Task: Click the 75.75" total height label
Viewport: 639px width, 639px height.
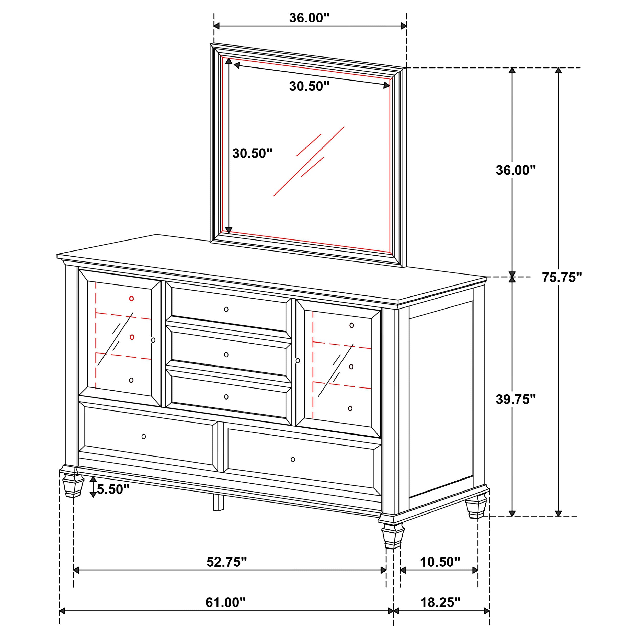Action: pos(562,278)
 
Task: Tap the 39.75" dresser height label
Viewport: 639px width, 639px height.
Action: pos(515,400)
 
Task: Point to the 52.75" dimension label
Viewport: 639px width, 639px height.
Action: pos(226,562)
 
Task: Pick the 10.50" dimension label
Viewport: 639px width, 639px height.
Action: pos(440,562)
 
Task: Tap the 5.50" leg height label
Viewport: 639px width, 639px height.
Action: pos(113,489)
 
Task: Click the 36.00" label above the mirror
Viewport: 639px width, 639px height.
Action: pos(309,18)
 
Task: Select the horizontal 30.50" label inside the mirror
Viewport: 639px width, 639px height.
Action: pos(309,86)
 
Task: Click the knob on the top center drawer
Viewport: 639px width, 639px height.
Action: pos(226,309)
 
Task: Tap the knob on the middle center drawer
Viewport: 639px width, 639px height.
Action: pos(226,355)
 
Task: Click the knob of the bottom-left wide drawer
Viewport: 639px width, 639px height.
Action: pos(144,437)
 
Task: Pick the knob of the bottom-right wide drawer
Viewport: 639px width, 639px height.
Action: pos(293,459)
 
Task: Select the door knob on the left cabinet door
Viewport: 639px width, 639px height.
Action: pos(153,340)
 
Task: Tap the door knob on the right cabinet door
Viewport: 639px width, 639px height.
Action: pos(298,360)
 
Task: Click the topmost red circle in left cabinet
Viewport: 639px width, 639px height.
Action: pos(131,298)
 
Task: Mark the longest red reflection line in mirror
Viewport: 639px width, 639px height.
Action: pos(309,161)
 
